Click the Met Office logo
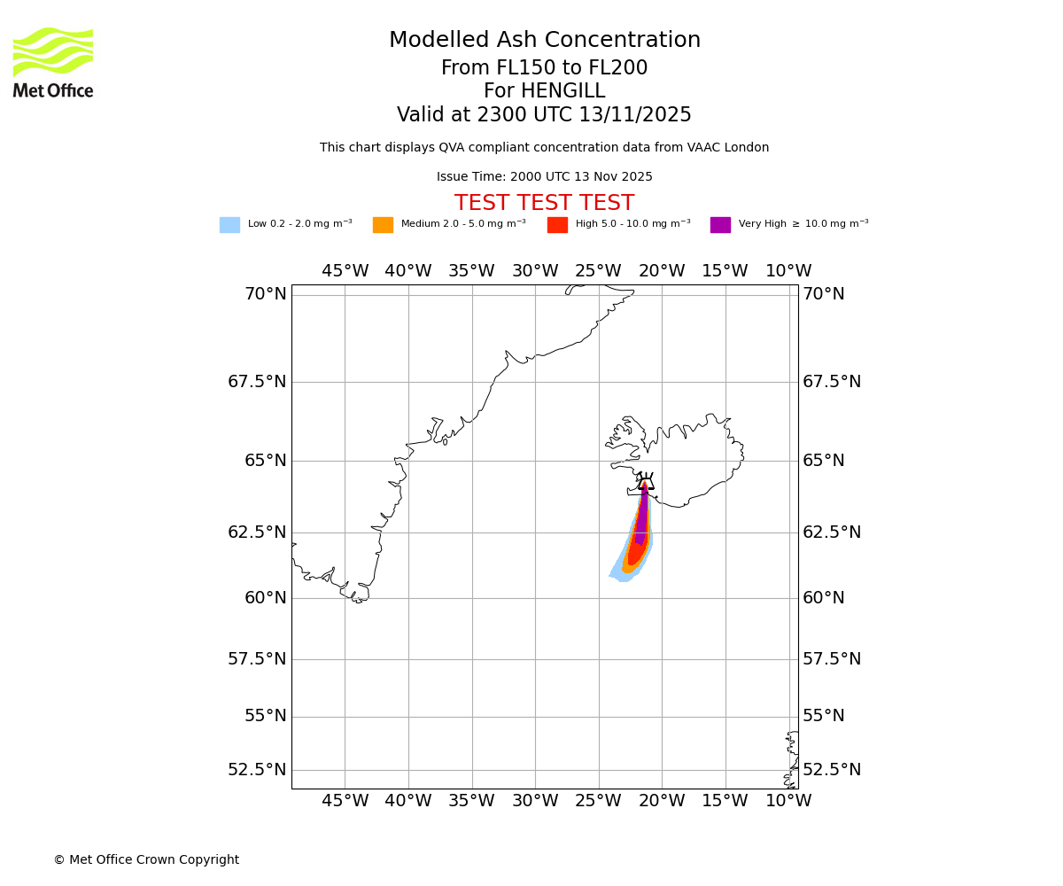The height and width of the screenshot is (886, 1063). (53, 62)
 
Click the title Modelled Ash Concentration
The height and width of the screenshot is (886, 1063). (545, 41)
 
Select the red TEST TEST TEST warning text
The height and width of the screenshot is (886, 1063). (544, 203)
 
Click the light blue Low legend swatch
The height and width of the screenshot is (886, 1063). (229, 225)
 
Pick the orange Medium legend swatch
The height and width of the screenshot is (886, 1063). (383, 225)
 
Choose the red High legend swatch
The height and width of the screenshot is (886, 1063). (557, 225)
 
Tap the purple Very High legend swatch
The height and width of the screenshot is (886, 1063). (720, 225)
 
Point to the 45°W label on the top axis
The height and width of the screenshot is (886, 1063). (345, 271)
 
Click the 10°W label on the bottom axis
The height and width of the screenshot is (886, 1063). (788, 801)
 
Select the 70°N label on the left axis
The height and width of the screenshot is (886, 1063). (265, 294)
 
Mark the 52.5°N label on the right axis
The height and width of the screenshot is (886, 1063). (832, 769)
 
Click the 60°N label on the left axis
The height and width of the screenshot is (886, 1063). (265, 597)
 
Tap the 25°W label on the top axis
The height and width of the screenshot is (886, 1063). (598, 271)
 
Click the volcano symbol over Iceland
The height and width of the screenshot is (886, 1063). (646, 483)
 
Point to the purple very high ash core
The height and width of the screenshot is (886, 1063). (642, 518)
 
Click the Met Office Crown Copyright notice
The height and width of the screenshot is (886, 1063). (146, 859)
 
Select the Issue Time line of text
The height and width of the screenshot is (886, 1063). (544, 177)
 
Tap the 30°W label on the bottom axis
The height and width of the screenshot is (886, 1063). (535, 801)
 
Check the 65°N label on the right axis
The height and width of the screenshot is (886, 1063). (824, 461)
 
